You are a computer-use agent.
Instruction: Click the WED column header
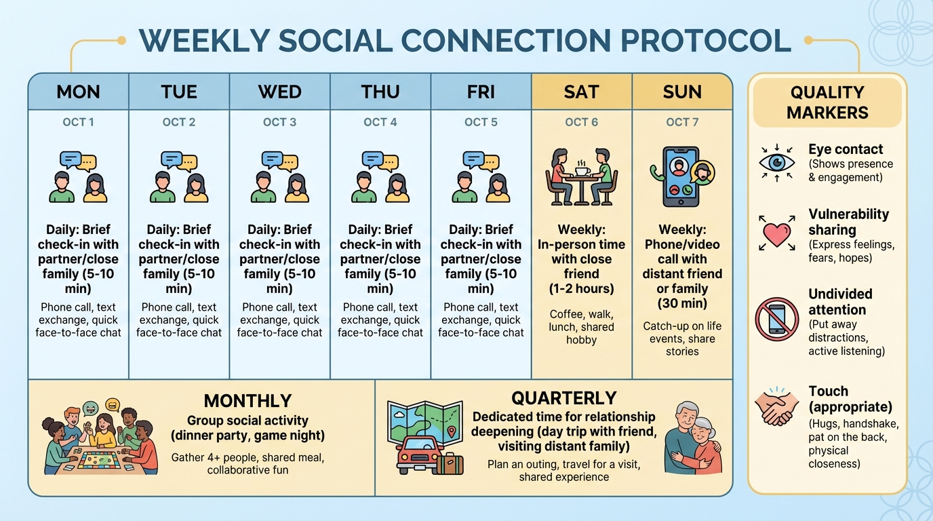[279, 92]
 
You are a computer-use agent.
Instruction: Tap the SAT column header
[581, 92]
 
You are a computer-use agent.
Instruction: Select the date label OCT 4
[380, 122]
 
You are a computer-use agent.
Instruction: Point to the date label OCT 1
[78, 122]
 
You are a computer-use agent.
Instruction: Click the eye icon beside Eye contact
[776, 163]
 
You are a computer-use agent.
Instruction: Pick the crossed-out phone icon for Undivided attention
[777, 319]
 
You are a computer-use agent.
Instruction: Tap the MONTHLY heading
[247, 401]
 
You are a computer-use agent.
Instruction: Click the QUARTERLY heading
[563, 398]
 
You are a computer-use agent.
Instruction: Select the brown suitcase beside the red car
[450, 464]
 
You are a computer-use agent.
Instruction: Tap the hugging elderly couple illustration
[692, 438]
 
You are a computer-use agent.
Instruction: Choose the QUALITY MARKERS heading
[827, 102]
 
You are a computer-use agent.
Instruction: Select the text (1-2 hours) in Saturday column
[581, 288]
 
